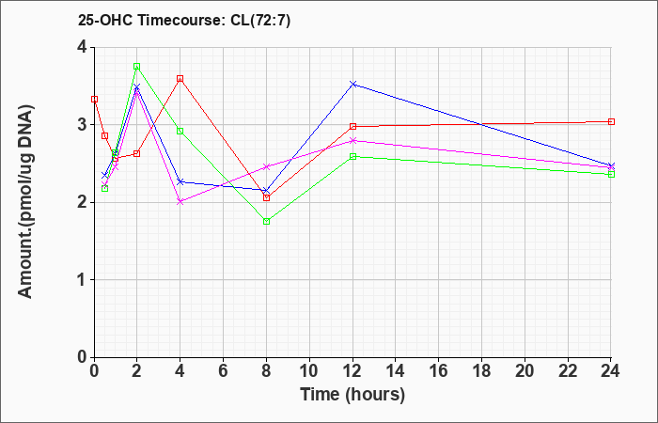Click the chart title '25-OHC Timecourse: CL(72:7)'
coord(184,21)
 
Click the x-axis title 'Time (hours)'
coord(352,395)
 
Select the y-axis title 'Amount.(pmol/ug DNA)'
coord(26,201)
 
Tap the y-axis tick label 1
coord(83,280)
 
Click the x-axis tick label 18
coord(481,371)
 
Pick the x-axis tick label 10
coord(309,371)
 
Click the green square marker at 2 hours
coord(137,67)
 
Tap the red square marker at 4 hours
coord(180,78)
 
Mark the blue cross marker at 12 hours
coord(352,85)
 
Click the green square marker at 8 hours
coord(266,222)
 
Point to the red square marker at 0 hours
coord(94,100)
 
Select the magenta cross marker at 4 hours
coord(180,202)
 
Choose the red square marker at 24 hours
coord(611,121)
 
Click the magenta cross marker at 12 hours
coord(352,141)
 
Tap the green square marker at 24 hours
coord(611,174)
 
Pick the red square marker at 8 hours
coord(266,197)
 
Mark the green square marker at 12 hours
coord(352,157)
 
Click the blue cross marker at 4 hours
coord(180,181)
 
